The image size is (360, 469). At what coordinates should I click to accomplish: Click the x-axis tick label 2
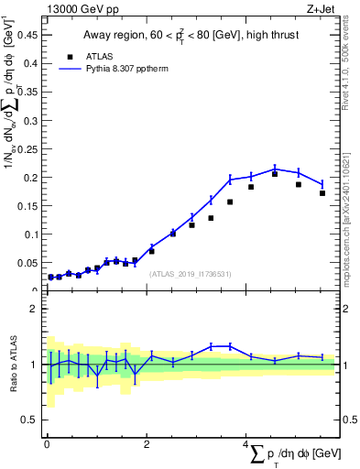coord(147,444)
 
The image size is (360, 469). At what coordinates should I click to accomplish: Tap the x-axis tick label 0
coord(47,444)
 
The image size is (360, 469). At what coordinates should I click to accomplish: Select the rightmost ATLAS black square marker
coord(322,193)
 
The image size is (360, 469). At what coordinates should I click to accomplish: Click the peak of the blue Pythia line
coord(275,169)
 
